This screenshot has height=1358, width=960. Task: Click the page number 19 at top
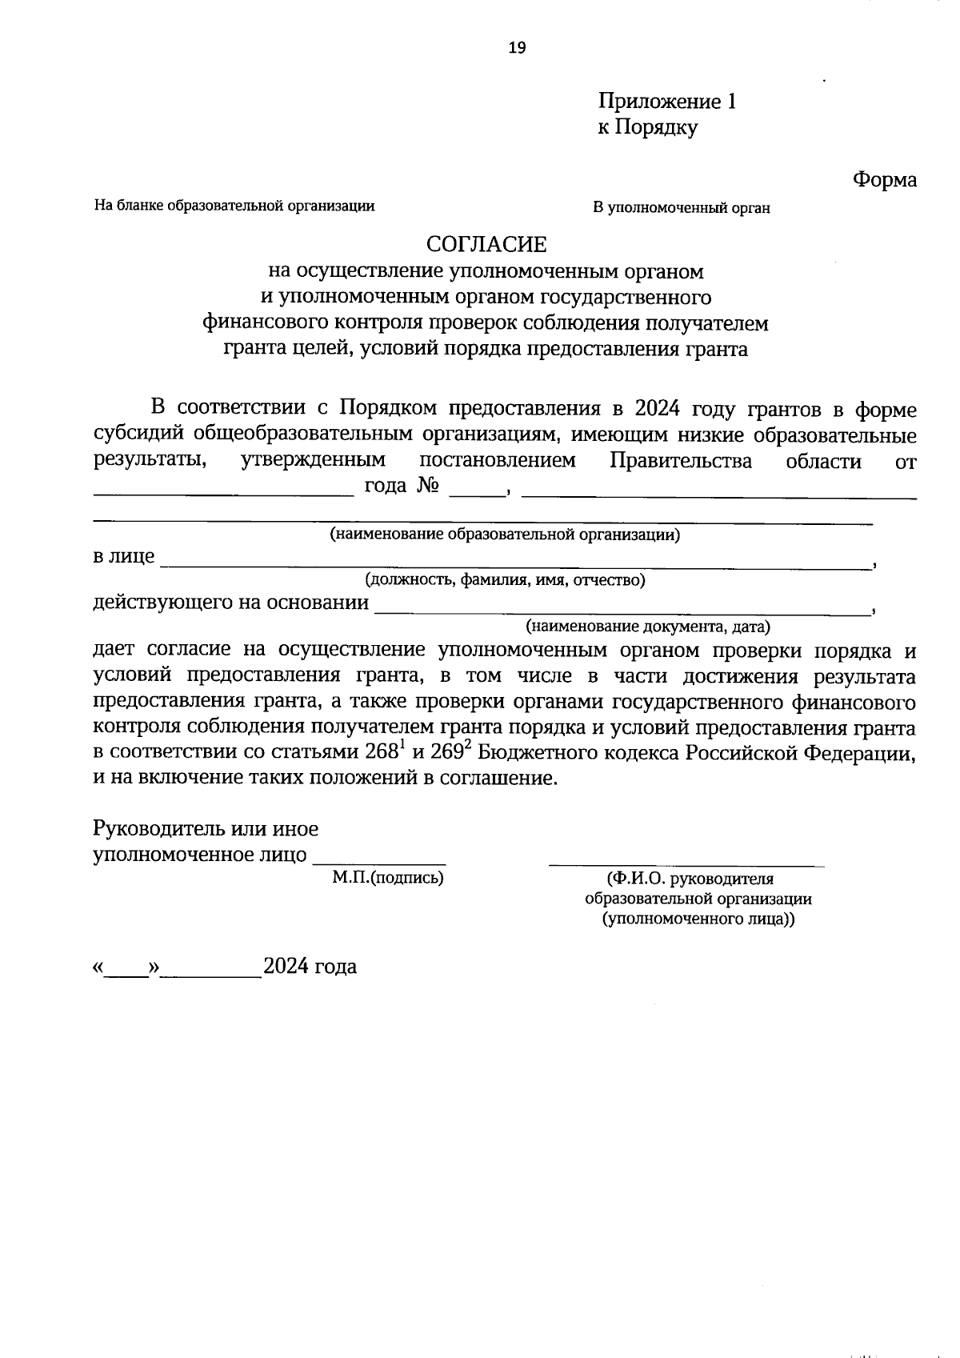(517, 48)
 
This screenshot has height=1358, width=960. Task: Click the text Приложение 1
(666, 102)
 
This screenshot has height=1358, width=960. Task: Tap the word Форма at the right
(884, 179)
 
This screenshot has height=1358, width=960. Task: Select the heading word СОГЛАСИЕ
(485, 244)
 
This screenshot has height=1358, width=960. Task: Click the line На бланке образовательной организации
(234, 206)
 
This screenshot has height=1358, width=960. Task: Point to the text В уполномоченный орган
(681, 208)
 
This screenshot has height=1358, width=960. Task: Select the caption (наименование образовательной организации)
(505, 535)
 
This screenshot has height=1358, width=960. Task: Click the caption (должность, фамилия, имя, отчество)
(505, 579)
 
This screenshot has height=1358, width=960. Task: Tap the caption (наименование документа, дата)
(647, 626)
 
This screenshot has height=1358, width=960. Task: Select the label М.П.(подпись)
(388, 878)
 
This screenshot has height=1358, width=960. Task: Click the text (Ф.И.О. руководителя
(690, 879)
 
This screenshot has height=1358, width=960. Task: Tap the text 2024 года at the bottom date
(310, 967)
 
